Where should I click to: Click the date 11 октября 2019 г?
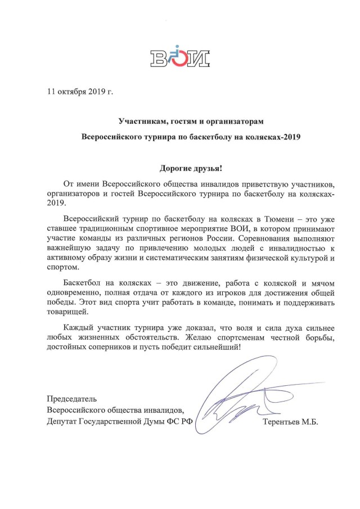coord(80,91)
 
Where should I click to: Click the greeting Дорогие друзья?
coord(179,168)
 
